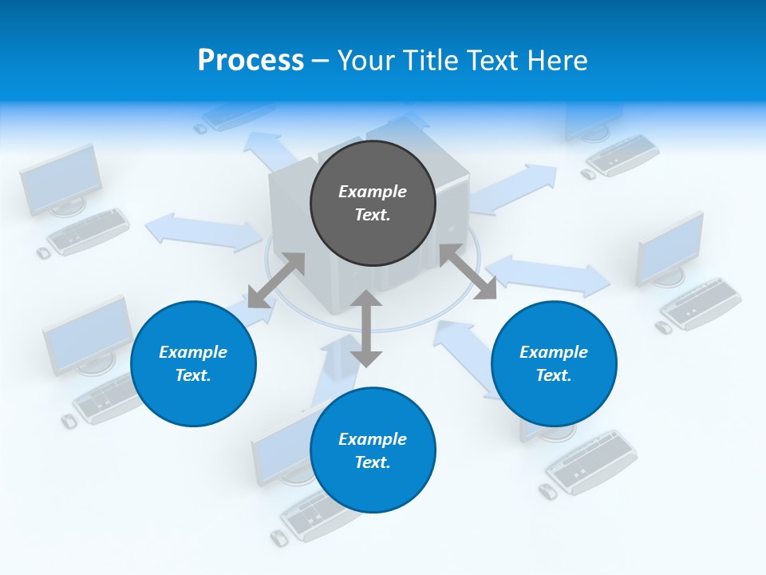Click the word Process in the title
tap(251, 60)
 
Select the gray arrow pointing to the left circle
tap(276, 280)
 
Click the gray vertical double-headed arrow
tap(366, 328)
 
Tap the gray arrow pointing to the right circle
tap(468, 272)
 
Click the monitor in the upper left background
tap(61, 180)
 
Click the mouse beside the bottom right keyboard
tap(548, 491)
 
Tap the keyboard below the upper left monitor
tap(88, 232)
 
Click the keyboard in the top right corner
tap(622, 155)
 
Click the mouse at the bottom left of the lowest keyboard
tap(278, 537)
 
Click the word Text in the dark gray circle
tap(372, 215)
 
